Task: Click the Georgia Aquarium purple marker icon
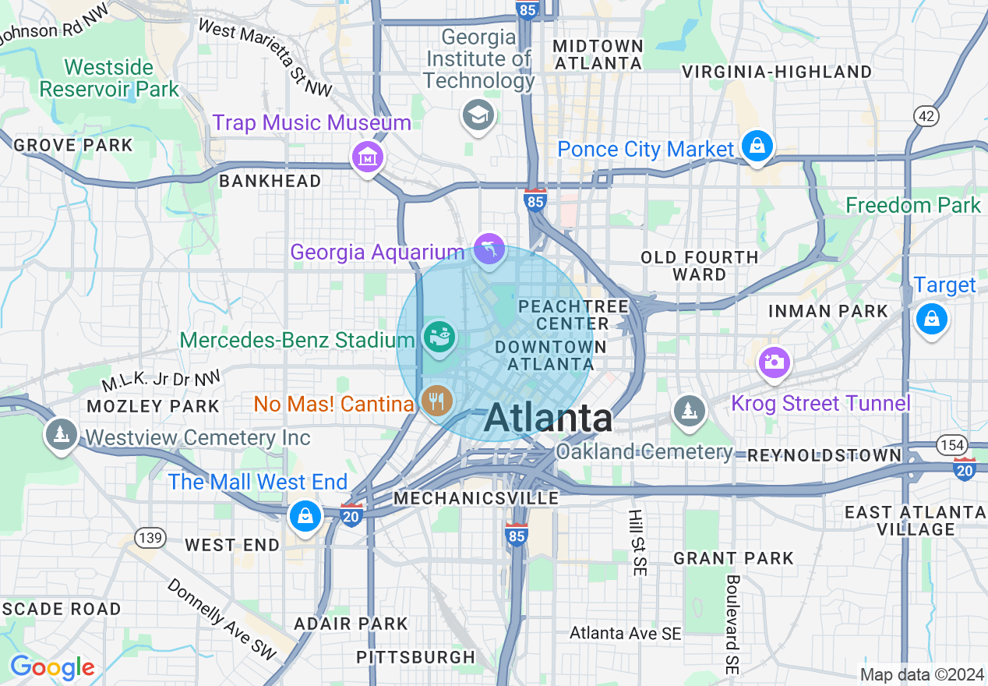tap(489, 251)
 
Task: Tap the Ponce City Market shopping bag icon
tap(756, 146)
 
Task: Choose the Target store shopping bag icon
tap(931, 318)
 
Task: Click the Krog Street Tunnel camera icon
tap(774, 362)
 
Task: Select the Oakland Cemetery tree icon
tap(690, 410)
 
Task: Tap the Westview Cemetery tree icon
tap(61, 433)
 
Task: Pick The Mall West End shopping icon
tap(305, 516)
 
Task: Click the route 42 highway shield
tap(926, 116)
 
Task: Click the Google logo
tap(52, 667)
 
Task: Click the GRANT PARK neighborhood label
tap(733, 558)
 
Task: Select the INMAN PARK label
tap(827, 311)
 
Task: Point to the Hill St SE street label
tap(637, 543)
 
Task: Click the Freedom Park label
tap(912, 206)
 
